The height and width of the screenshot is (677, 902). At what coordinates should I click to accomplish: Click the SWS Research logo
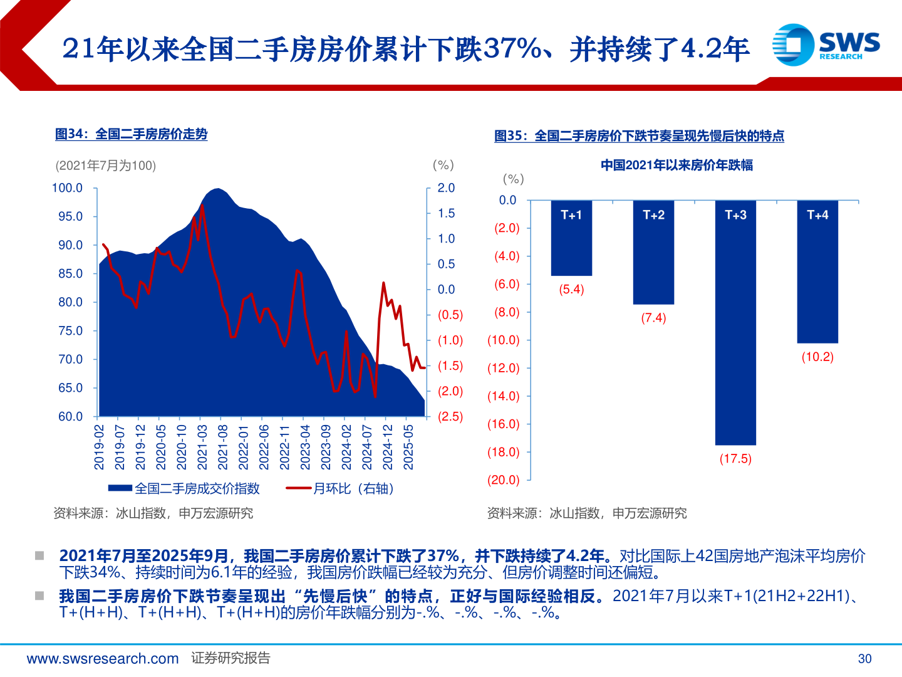826,45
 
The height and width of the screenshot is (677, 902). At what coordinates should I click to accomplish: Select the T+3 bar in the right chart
735,326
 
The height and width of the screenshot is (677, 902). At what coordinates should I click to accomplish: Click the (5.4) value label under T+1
571,290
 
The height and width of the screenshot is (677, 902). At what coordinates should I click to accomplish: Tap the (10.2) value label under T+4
817,357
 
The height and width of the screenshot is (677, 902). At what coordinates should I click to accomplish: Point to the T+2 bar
653,257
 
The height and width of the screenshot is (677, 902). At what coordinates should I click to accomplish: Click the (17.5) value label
735,459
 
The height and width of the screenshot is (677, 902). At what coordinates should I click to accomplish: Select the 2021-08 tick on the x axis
223,447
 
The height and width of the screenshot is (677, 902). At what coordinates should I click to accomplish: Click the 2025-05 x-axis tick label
408,447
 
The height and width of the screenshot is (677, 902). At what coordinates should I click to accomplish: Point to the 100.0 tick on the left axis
67,188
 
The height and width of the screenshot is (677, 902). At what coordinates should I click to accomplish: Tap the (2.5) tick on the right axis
450,417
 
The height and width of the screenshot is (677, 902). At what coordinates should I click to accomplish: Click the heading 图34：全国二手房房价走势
131,134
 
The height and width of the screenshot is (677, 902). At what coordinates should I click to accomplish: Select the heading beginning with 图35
639,136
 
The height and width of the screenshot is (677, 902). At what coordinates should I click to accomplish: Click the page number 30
864,659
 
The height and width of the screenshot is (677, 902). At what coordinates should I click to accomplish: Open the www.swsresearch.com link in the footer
103,659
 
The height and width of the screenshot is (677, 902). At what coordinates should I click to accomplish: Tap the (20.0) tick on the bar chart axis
504,480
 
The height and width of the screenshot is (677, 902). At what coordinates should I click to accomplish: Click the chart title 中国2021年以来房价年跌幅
676,165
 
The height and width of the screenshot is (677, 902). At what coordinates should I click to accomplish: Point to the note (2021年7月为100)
106,165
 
